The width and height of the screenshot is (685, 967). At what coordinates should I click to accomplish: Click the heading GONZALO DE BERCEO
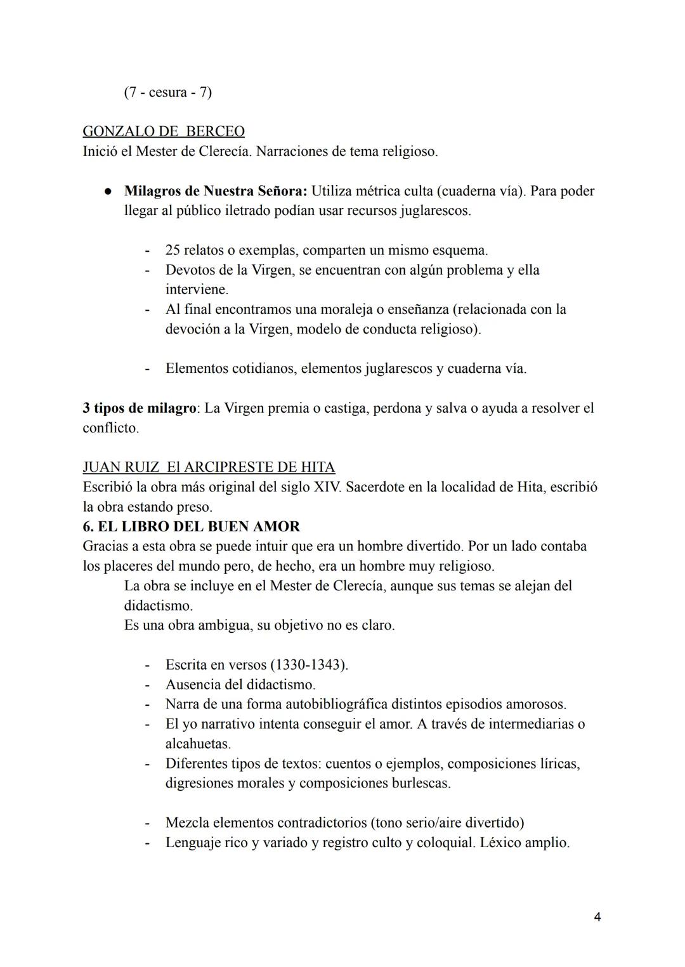click(163, 131)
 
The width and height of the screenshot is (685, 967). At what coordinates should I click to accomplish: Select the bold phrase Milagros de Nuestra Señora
click(216, 191)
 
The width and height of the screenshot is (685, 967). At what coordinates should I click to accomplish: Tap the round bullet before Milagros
click(108, 191)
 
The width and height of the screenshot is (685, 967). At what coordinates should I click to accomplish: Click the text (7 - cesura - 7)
click(167, 92)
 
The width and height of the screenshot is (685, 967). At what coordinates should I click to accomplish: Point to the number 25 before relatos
click(173, 250)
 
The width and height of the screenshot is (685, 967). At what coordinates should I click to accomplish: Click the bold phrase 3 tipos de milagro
click(139, 408)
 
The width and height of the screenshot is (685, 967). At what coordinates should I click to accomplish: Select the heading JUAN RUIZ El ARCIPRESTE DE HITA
click(209, 467)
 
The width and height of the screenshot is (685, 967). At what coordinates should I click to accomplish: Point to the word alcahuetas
click(198, 743)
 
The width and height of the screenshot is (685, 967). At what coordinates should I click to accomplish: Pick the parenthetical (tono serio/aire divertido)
click(447, 822)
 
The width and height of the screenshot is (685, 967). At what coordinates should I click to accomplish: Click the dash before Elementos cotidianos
click(147, 368)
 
